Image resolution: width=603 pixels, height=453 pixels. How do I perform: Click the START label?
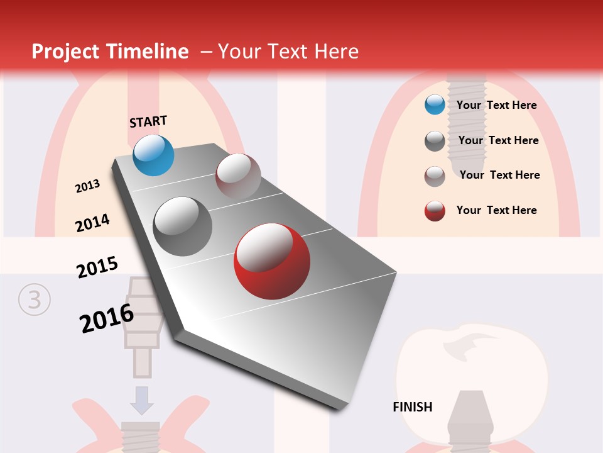(x=148, y=121)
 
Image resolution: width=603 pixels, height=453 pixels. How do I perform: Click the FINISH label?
(x=412, y=407)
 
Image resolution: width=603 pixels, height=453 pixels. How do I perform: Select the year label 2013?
(x=87, y=186)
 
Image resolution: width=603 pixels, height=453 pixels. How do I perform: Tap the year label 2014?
(x=92, y=223)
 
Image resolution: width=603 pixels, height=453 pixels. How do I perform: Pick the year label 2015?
(x=97, y=267)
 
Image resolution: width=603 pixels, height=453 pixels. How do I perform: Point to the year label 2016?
(x=107, y=318)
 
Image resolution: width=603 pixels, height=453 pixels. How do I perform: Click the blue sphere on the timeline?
(x=153, y=155)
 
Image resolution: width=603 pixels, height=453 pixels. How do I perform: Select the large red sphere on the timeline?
(x=271, y=261)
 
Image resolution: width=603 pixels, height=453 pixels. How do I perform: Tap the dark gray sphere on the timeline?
(x=182, y=226)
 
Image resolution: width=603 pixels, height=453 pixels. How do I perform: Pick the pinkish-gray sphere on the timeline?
(x=238, y=176)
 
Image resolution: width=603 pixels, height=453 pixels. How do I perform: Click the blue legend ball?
(x=435, y=105)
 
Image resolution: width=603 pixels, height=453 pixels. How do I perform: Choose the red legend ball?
(x=435, y=211)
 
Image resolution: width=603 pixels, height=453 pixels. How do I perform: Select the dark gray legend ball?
(x=435, y=141)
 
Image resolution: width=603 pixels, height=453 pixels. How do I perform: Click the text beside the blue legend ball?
(x=496, y=105)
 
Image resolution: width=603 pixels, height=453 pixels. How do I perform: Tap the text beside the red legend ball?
(x=496, y=210)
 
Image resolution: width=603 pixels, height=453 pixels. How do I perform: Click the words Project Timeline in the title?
(x=110, y=52)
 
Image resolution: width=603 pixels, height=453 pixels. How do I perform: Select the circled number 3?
(x=33, y=300)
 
